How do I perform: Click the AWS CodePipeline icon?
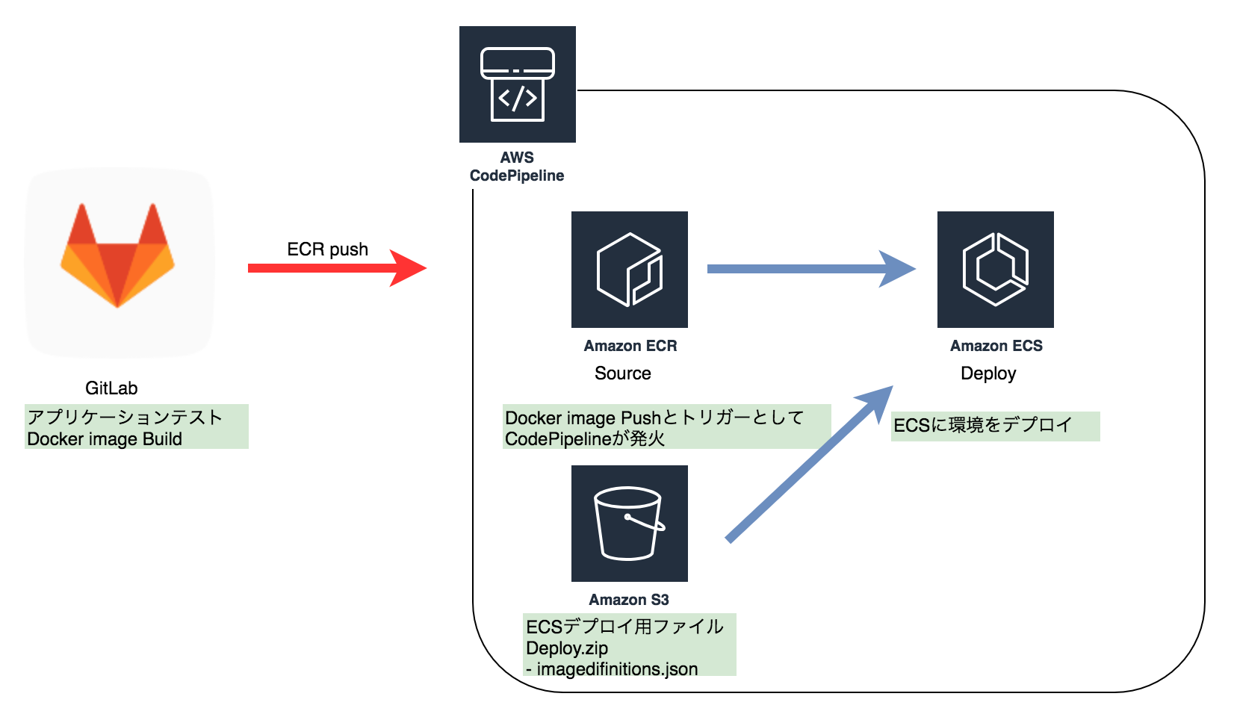(x=517, y=84)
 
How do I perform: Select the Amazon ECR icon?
(x=629, y=269)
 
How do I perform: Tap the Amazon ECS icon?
(x=995, y=269)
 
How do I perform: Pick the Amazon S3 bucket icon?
(x=629, y=523)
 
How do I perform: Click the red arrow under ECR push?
(x=336, y=268)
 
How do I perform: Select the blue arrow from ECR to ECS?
(x=810, y=269)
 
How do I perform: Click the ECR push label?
(x=327, y=249)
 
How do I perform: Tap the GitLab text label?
(x=111, y=388)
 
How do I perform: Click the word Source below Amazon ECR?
(x=622, y=373)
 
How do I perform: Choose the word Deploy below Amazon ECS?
(x=987, y=373)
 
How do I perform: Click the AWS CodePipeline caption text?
(x=517, y=167)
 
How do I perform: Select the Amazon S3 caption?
(x=629, y=600)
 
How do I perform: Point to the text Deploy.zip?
(x=567, y=648)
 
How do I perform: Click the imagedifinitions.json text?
(x=617, y=669)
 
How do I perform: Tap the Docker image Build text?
(x=105, y=439)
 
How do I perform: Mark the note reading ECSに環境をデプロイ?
(x=983, y=426)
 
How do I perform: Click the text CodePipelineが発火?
(x=585, y=439)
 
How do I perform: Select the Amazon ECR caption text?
(x=630, y=346)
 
